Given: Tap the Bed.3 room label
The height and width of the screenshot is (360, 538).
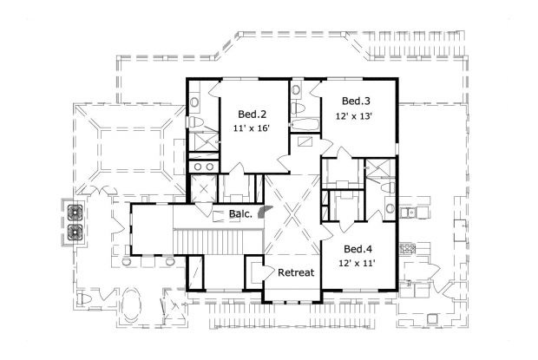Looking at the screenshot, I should [356, 101].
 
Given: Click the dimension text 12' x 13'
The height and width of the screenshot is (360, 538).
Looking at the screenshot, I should [356, 116].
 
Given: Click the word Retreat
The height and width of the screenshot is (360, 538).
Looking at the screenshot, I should [295, 272].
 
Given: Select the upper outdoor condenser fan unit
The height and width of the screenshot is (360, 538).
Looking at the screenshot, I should [75, 212].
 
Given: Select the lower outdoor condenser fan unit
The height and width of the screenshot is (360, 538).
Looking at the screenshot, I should [75, 232].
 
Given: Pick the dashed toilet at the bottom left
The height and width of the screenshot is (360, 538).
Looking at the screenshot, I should [84, 299].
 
